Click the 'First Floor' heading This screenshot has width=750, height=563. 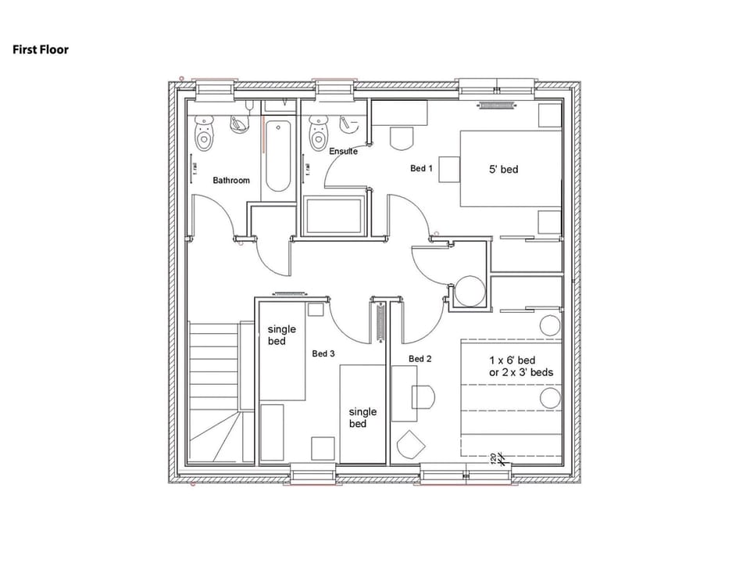[41, 49]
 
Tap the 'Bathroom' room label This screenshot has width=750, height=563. [231, 181]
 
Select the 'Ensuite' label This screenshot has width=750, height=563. [343, 151]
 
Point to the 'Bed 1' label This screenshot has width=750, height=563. [421, 168]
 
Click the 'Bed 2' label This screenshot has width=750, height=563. [420, 359]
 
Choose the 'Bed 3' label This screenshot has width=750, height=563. [323, 353]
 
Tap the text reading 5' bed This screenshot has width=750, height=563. [504, 169]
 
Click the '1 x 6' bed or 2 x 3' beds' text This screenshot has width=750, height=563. [521, 366]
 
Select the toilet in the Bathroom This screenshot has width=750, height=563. [205, 134]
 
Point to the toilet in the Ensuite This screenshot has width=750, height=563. [318, 134]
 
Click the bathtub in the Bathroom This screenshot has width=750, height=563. [278, 156]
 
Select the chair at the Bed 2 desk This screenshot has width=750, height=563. [423, 396]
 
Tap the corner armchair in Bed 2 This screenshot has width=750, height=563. [410, 445]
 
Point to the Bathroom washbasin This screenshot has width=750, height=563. [238, 123]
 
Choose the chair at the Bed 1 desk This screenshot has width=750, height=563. [401, 138]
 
